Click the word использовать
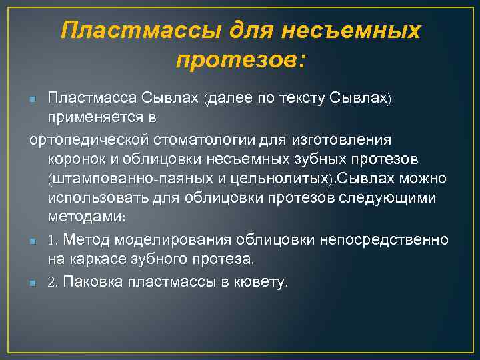95,199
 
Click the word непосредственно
394,239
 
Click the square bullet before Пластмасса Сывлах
33,100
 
